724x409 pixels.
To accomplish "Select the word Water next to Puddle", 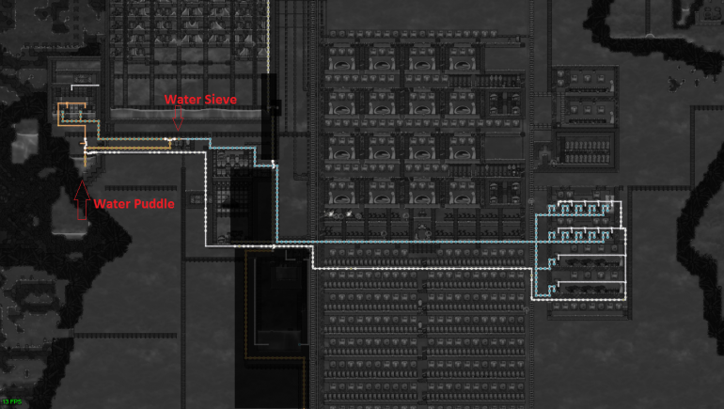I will pyautogui.click(x=112, y=203).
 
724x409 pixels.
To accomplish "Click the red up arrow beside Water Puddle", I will pyautogui.click(x=82, y=197).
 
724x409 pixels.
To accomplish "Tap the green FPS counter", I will pyautogui.click(x=12, y=401).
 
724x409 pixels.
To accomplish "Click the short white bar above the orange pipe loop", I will pyautogui.click(x=85, y=87).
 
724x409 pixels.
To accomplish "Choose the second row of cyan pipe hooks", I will pyautogui.click(x=583, y=230).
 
